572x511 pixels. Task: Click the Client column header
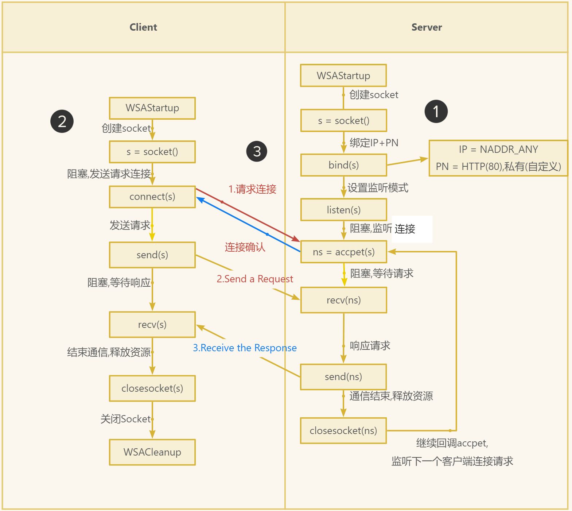click(x=143, y=27)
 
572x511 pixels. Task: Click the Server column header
click(x=427, y=27)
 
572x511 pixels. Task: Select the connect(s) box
click(x=152, y=197)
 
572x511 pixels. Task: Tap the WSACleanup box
click(x=152, y=452)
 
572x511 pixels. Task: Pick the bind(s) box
click(x=343, y=165)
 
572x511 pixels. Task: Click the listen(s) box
click(x=343, y=210)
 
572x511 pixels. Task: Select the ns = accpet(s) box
click(x=343, y=252)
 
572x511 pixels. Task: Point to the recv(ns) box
click(x=343, y=300)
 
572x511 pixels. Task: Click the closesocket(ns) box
click(x=343, y=431)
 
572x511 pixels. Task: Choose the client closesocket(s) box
click(x=152, y=388)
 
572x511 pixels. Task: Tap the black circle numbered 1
click(x=436, y=112)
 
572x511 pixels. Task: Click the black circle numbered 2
click(x=62, y=121)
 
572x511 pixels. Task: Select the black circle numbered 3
click(x=257, y=151)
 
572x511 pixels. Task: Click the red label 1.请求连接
click(x=252, y=189)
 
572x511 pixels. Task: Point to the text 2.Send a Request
click(x=255, y=279)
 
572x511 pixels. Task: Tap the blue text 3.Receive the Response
click(x=245, y=348)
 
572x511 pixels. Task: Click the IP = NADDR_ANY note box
click(x=498, y=158)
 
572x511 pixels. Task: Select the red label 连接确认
click(x=245, y=247)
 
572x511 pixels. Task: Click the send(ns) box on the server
click(x=343, y=377)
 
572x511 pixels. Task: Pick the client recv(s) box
click(x=152, y=325)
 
